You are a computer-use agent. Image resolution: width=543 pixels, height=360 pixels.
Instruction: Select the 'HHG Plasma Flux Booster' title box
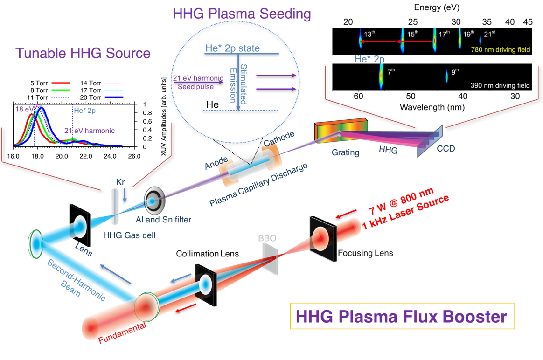[402, 317]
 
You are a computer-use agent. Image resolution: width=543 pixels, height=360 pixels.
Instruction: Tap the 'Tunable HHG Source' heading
[83, 53]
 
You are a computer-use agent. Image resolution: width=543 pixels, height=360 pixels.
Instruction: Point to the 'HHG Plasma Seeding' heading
[241, 14]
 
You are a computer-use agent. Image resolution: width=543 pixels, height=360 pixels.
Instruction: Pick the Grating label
[346, 152]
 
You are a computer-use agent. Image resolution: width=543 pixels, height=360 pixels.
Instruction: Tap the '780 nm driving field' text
[501, 49]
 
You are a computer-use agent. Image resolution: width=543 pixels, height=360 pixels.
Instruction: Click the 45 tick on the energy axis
[528, 22]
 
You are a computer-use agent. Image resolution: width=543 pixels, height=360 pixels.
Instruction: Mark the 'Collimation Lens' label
[208, 254]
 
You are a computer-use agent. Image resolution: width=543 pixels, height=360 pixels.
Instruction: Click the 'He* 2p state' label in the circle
[232, 48]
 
